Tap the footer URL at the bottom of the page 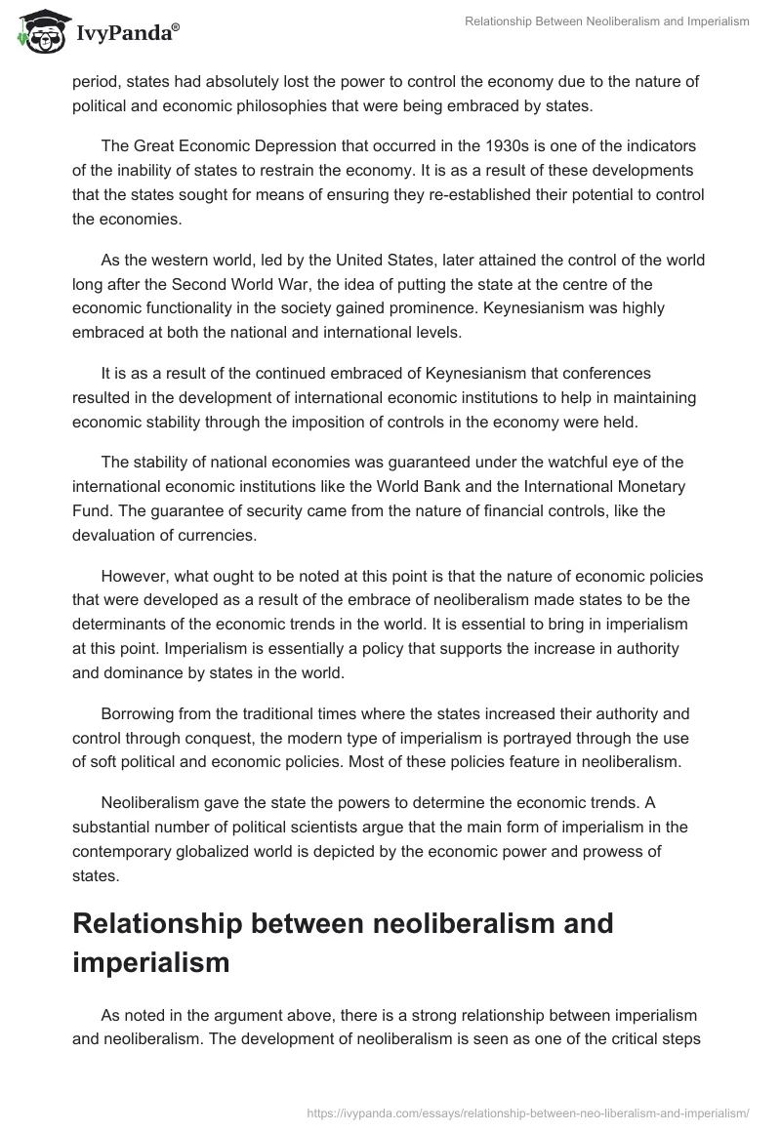(528, 1112)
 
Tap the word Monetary (644, 486)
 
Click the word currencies (221, 536)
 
